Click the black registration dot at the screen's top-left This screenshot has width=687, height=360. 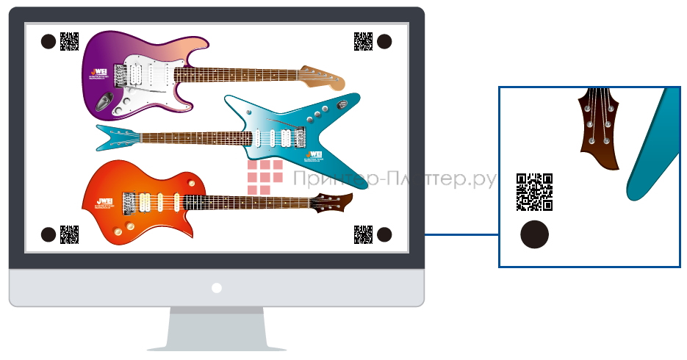pyautogui.click(x=48, y=42)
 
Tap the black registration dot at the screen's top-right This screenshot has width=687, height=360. pyautogui.click(x=384, y=42)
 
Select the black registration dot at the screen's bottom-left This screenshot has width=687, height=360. pyautogui.click(x=48, y=234)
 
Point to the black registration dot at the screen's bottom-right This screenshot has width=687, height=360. pyautogui.click(x=384, y=234)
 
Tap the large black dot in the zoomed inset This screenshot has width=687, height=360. pyautogui.click(x=535, y=234)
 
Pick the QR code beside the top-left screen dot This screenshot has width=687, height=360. pyautogui.click(x=69, y=41)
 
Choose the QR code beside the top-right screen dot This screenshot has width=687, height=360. pyautogui.click(x=362, y=41)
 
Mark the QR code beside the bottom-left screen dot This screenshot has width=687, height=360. pyautogui.click(x=69, y=234)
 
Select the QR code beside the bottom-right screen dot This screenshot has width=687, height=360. pyautogui.click(x=363, y=234)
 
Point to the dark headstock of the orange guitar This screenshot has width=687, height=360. pyautogui.click(x=334, y=201)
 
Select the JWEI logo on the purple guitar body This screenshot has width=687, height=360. pyautogui.click(x=94, y=73)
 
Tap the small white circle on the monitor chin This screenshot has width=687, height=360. pyautogui.click(x=216, y=288)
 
